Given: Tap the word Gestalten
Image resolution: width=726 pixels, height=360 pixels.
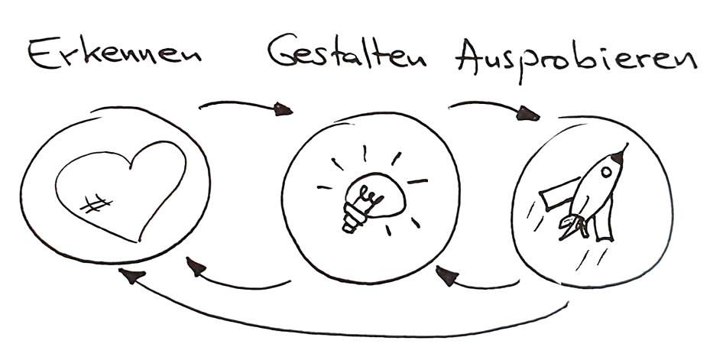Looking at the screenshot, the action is pyautogui.click(x=346, y=50).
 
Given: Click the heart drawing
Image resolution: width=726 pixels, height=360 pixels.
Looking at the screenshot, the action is pyautogui.click(x=121, y=191).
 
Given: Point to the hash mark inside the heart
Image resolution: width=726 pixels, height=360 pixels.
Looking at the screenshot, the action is pyautogui.click(x=96, y=204).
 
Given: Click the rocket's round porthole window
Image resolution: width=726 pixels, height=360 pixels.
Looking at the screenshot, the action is pyautogui.click(x=605, y=172).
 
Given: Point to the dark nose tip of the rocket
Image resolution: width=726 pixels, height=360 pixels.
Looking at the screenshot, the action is pyautogui.click(x=618, y=157).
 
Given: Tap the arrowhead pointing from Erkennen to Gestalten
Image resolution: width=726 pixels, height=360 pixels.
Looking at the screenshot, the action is pyautogui.click(x=283, y=109).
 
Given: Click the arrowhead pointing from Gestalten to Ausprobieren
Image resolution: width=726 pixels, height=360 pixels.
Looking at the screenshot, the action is pyautogui.click(x=528, y=114).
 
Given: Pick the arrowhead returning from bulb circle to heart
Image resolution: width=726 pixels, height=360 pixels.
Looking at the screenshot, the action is pyautogui.click(x=196, y=267).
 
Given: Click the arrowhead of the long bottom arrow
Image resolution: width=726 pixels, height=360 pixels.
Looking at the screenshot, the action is pyautogui.click(x=131, y=275).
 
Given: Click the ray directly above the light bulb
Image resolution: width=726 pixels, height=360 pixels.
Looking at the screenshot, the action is pyautogui.click(x=365, y=154).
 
